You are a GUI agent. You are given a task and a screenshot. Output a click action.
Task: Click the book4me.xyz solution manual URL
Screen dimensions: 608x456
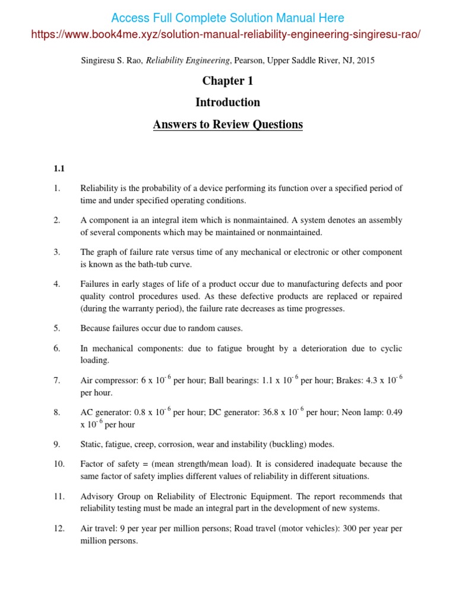click(x=228, y=34)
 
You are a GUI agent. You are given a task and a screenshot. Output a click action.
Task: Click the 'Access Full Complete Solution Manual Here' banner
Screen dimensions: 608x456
click(x=228, y=18)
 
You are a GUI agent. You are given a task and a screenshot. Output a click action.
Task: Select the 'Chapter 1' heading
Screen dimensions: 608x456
click(x=228, y=81)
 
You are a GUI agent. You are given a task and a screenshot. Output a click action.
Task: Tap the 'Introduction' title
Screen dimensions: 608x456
click(x=228, y=102)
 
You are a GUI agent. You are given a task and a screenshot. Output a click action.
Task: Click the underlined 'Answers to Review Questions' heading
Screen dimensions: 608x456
click(x=228, y=124)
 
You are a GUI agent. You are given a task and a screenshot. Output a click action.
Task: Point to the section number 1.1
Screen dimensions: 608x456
click(x=59, y=169)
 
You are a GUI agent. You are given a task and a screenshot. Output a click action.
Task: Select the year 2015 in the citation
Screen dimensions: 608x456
click(x=365, y=60)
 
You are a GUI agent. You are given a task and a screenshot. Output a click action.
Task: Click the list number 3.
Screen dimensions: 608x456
click(x=57, y=252)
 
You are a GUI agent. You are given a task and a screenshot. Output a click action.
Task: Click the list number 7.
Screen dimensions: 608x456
click(x=57, y=381)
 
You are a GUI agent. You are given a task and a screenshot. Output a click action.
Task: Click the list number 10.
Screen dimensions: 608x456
click(x=59, y=464)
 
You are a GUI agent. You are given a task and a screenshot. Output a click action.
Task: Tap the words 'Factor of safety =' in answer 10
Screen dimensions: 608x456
click(x=113, y=464)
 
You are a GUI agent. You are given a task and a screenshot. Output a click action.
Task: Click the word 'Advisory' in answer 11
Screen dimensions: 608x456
click(x=97, y=496)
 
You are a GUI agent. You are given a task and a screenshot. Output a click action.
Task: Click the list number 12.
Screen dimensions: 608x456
click(x=59, y=528)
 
